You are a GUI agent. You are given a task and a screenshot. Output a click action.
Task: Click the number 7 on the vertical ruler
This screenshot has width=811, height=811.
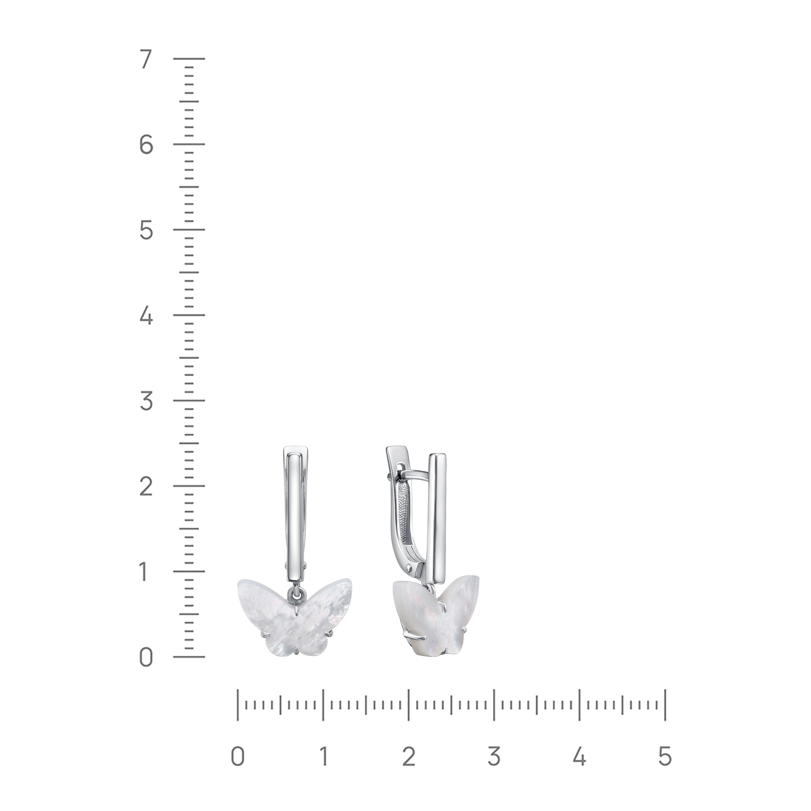[x=145, y=59]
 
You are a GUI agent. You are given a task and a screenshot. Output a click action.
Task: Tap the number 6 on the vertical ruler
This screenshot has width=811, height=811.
[x=146, y=145]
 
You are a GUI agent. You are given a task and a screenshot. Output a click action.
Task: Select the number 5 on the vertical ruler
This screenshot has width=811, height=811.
[x=146, y=231]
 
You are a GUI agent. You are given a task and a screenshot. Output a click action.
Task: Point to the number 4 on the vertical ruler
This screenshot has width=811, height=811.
[x=146, y=316]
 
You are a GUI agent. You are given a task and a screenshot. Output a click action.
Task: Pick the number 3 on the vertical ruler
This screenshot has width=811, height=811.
[x=146, y=401]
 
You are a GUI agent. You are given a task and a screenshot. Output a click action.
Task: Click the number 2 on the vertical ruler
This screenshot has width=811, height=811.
[x=146, y=487]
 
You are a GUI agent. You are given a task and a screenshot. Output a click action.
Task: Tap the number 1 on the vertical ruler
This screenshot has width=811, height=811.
[x=145, y=572]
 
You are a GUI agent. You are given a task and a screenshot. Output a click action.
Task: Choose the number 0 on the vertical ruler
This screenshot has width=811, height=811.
[x=146, y=657]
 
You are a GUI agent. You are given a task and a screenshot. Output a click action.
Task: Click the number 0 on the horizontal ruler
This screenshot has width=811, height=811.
[x=237, y=756]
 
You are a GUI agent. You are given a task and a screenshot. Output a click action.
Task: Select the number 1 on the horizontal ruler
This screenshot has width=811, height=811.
[x=323, y=756]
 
